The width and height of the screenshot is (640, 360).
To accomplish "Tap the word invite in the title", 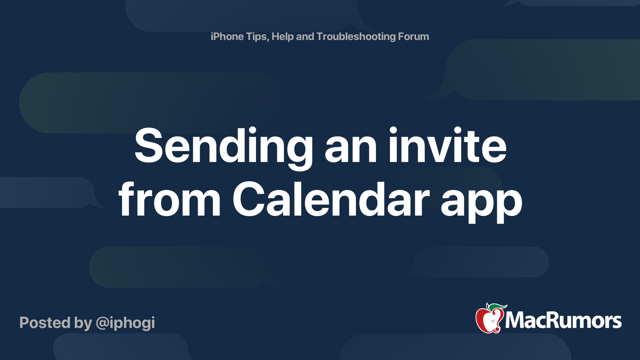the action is [x=447, y=145].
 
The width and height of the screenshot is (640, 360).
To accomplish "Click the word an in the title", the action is [x=350, y=149].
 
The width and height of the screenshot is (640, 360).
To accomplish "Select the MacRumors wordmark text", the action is [x=563, y=321].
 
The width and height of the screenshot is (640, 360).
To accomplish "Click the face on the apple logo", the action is [x=493, y=322].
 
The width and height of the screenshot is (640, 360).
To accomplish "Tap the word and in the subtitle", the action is [x=305, y=36].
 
